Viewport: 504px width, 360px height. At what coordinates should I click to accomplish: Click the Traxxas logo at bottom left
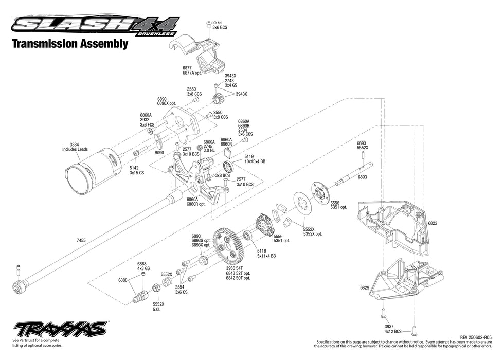tap(60, 329)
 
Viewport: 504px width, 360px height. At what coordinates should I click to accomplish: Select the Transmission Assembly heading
tap(70, 44)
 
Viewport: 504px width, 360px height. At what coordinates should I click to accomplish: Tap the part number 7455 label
tap(82, 240)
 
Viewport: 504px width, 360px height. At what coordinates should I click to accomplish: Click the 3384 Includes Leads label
tap(75, 147)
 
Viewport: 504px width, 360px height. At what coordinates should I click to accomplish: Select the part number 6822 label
tap(433, 224)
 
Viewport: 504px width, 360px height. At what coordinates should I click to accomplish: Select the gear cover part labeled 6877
tap(201, 49)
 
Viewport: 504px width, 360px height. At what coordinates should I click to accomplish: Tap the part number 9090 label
tap(160, 152)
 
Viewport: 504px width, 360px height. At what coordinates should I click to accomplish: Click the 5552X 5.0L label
tap(157, 307)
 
